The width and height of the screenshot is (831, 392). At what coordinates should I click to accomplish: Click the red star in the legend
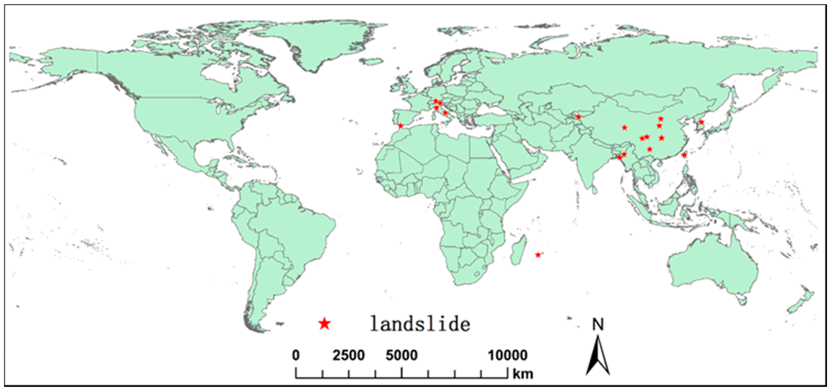pos(324,323)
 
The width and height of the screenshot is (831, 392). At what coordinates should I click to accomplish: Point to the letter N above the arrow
pos(598,324)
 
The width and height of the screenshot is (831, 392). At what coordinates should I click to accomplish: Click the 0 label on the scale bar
pos(296,355)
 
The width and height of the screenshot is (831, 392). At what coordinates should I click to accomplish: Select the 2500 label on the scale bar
pos(349,355)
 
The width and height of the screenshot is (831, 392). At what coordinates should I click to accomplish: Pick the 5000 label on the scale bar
pos(402,355)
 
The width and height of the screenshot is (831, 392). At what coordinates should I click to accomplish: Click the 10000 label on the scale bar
pos(507,355)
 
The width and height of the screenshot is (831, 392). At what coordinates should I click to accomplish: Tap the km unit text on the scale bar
pos(523,374)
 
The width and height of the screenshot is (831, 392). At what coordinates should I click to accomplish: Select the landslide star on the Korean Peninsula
pos(701,122)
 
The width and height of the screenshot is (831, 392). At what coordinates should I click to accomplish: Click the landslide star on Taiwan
pos(684,155)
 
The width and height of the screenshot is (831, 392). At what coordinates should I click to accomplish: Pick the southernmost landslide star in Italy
pos(445,112)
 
